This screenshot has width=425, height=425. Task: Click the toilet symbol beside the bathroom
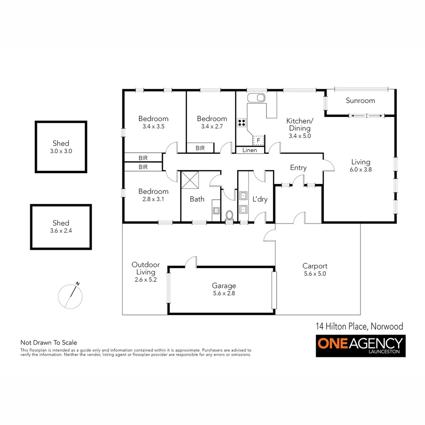[x=230, y=215]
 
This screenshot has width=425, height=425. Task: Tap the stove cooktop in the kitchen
[x=241, y=122]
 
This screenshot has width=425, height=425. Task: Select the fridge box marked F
[x=258, y=140]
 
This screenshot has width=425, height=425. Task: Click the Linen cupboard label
[x=250, y=150]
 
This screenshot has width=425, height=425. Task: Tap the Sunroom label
[x=360, y=101]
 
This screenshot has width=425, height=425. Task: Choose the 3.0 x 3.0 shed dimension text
[x=61, y=151]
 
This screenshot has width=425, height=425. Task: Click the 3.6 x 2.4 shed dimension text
[x=61, y=231]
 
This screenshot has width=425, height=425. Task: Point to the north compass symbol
[x=70, y=295]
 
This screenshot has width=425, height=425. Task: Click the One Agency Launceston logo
[x=360, y=346]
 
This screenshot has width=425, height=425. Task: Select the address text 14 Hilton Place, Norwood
[x=360, y=326]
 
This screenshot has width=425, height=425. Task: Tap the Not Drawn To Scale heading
[x=49, y=343]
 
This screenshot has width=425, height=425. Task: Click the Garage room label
[x=224, y=286]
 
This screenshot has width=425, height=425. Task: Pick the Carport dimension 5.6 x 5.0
[x=315, y=273]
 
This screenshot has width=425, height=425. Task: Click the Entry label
[x=298, y=168]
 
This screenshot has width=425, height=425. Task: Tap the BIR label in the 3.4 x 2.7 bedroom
[x=200, y=148]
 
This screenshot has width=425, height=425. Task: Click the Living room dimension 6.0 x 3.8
[x=361, y=170]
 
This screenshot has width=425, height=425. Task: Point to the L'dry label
[x=260, y=199]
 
